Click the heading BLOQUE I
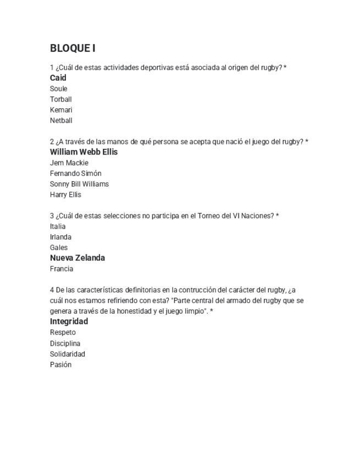click(x=73, y=48)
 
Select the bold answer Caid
click(x=58, y=78)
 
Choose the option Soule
click(x=58, y=88)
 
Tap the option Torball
click(x=60, y=99)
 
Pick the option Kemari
click(x=61, y=110)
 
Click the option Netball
click(x=61, y=120)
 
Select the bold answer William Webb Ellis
click(x=84, y=152)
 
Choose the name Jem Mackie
click(x=69, y=163)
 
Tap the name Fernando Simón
click(x=75, y=173)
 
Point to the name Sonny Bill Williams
click(x=79, y=184)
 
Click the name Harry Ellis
click(x=65, y=195)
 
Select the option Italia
click(x=58, y=226)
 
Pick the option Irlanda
click(x=60, y=237)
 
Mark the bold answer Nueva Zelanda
click(x=77, y=258)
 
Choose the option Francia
click(x=62, y=269)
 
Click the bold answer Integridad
click(x=69, y=321)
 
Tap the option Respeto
click(x=63, y=332)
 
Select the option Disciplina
click(x=65, y=343)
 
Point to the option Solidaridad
click(x=67, y=354)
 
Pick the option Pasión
click(x=60, y=364)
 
